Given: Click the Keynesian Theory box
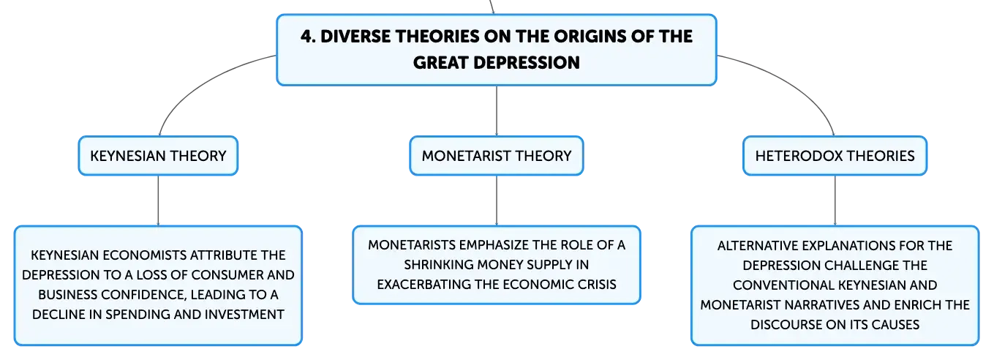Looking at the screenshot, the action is pos(158,156).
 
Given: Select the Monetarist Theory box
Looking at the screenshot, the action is pos(496,156).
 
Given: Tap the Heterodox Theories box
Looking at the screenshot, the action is pos(835,156).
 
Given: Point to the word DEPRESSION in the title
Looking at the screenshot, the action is pos(527,63).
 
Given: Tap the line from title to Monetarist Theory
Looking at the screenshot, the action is pos(497,110).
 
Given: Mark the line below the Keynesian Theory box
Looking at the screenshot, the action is pos(158,200).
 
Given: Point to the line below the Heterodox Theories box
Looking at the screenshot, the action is pos(835,200).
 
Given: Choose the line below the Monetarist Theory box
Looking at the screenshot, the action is pos(497,200).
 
